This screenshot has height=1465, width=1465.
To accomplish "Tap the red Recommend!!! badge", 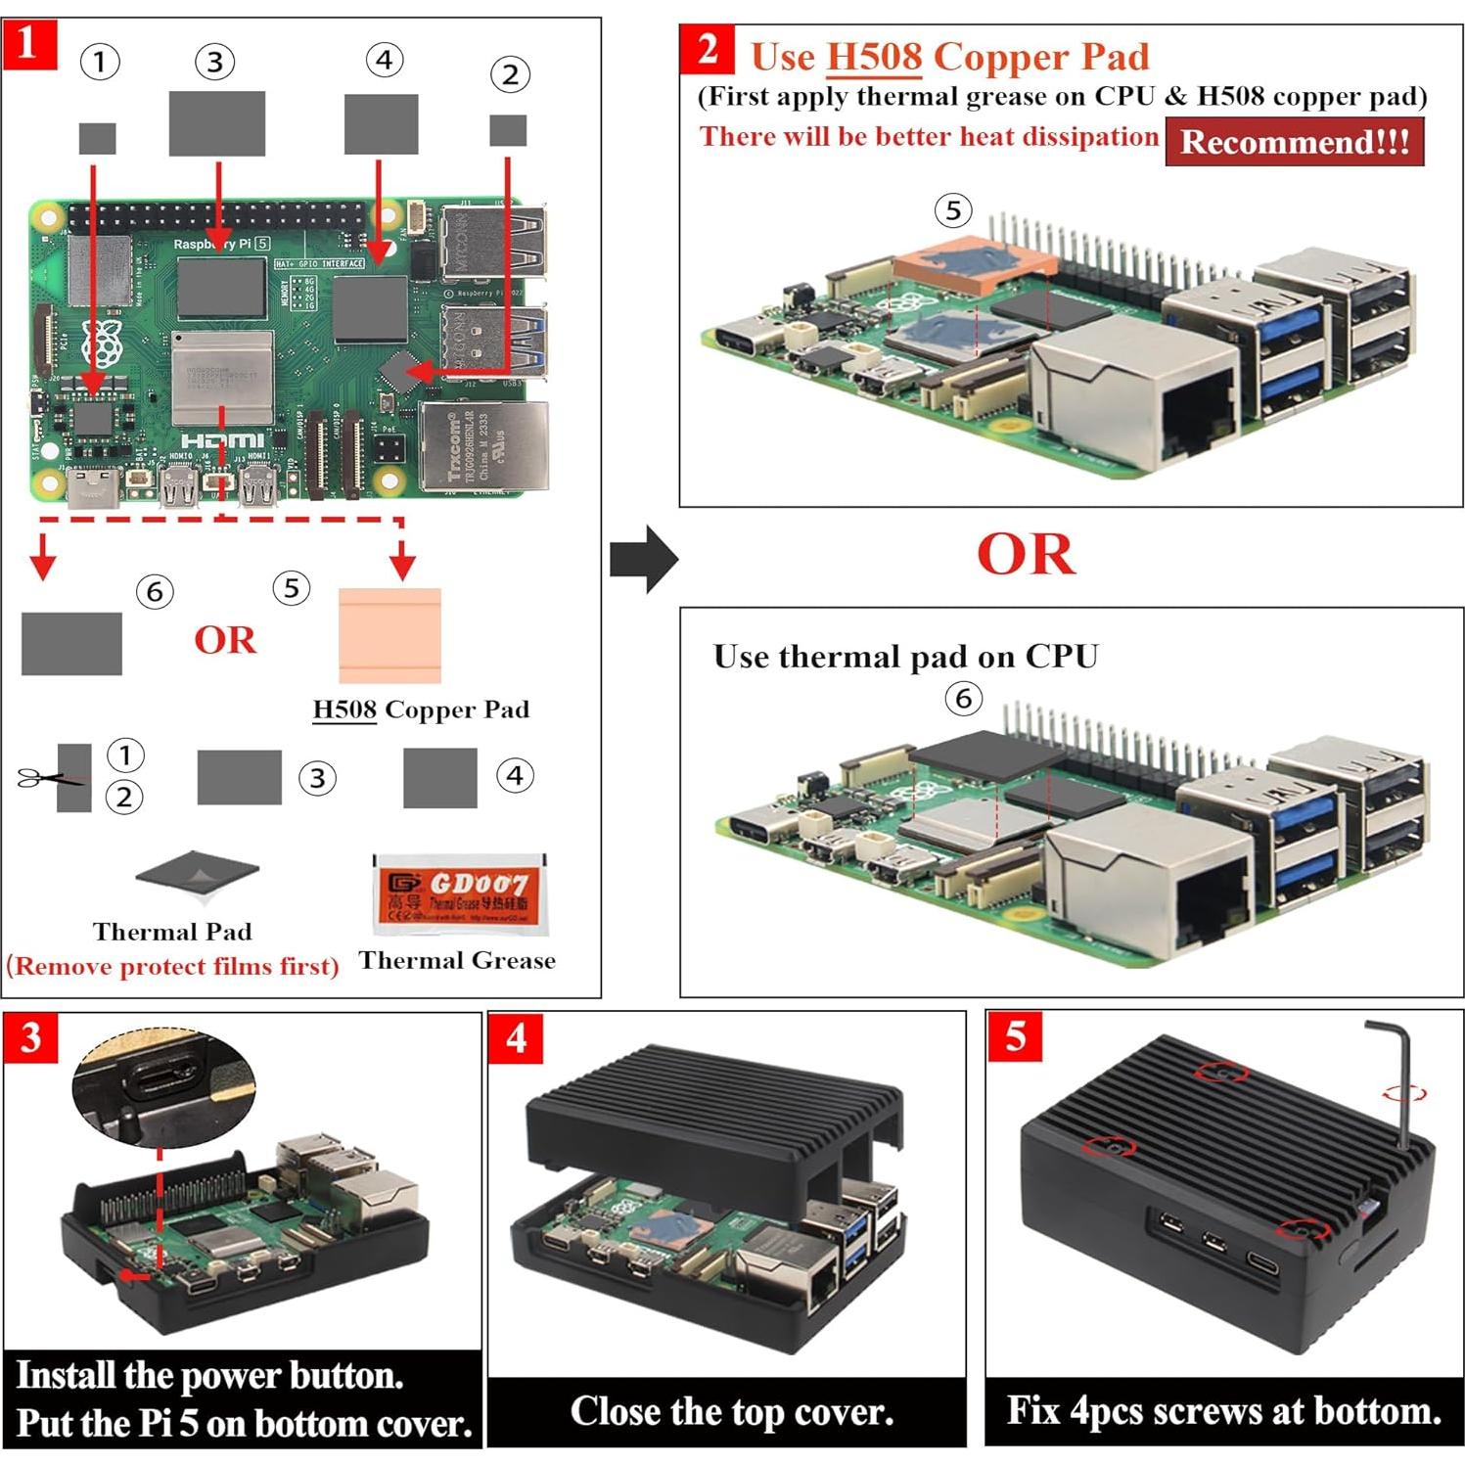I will pos(1294,142).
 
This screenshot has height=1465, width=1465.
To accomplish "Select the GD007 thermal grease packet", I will pos(457,893).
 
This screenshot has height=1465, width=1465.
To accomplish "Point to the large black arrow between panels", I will pos(643,559).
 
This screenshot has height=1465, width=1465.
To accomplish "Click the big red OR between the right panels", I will pos(1025,555).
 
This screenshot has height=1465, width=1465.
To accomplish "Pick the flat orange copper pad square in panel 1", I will pos(389,635).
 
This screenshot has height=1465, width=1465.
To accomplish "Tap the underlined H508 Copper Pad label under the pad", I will pos(421,710).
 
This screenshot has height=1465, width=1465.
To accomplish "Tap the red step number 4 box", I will pos(516,1037).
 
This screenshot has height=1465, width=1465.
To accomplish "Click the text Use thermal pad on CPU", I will pos(905,656).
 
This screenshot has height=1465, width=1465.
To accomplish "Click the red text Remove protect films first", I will pos(172,967).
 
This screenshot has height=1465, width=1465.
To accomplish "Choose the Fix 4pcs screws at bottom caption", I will pos(1223,1411).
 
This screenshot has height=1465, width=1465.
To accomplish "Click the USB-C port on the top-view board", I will pos(94,487).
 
